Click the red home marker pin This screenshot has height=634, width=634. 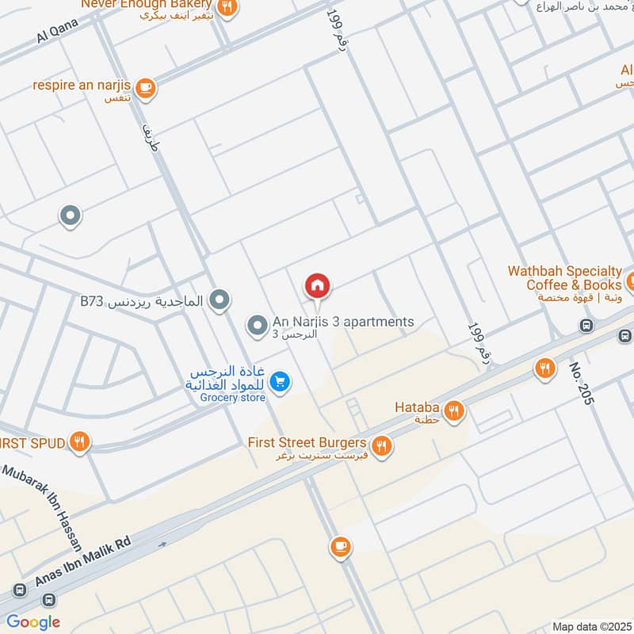[x=318, y=285]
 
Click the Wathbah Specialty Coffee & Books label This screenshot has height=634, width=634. [x=564, y=278]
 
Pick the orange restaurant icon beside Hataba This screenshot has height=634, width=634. [x=454, y=410]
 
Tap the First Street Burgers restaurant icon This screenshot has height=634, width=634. [x=382, y=446]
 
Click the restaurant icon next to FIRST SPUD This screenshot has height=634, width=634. [x=78, y=442]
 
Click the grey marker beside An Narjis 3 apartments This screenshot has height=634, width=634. [x=256, y=325]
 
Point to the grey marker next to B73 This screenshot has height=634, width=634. [x=221, y=300]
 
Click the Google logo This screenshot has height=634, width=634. [x=33, y=622]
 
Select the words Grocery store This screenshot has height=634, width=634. [x=232, y=397]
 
